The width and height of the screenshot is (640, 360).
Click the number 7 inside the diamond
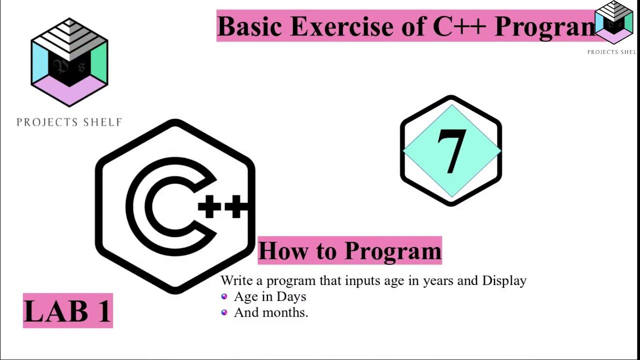[451, 151]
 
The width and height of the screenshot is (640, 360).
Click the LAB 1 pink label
[68, 310]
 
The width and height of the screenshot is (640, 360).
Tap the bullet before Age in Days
[224, 296]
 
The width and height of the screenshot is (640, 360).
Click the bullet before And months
[224, 312]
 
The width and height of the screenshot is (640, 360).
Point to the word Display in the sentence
[504, 280]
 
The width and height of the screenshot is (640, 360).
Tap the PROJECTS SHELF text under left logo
[69, 122]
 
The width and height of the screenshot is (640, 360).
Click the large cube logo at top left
[69, 62]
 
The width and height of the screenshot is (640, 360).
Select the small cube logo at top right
[613, 22]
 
